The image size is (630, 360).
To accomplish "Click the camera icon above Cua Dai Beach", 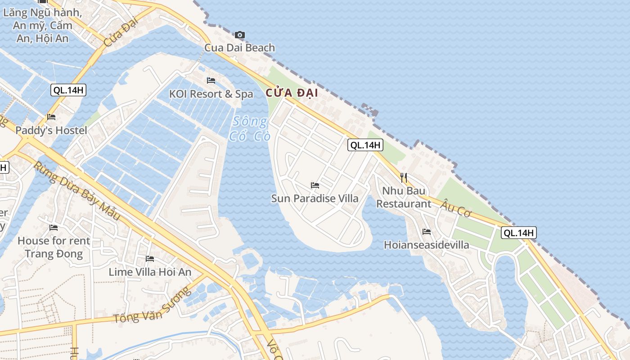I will click(x=240, y=35).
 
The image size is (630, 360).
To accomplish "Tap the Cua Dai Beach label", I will click(x=239, y=48).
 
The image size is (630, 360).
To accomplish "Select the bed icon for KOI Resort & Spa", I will click(x=211, y=81).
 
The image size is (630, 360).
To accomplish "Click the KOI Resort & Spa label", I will click(x=211, y=94).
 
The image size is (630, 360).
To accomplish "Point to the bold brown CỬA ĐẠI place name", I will click(x=292, y=93).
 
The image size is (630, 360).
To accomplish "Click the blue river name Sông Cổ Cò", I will click(x=250, y=129).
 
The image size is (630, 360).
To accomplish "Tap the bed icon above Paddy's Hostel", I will click(x=51, y=117).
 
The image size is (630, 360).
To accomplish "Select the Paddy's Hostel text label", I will click(x=51, y=130).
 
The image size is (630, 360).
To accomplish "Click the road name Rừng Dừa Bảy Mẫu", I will click(x=77, y=192).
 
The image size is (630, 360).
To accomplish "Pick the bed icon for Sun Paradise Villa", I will click(x=315, y=185).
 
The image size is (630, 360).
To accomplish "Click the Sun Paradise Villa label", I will click(x=315, y=198).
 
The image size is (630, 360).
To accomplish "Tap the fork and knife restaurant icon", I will click(x=404, y=177).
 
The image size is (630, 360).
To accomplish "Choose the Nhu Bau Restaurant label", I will click(x=404, y=197).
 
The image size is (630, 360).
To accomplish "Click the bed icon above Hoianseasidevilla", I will click(x=427, y=232).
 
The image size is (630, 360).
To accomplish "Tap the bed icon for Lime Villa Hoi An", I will click(x=150, y=259).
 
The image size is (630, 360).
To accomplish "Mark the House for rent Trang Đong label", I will click(x=54, y=247).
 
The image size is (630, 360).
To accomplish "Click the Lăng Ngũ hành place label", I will click(x=43, y=25).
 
